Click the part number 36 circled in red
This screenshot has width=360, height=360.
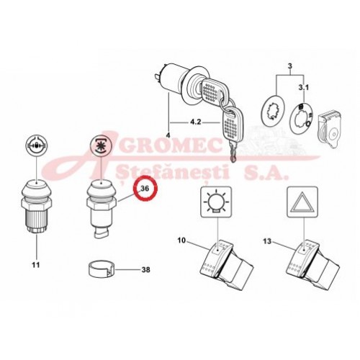coord(145,189)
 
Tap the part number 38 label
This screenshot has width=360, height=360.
coord(145,270)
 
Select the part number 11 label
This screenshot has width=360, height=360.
coord(35,265)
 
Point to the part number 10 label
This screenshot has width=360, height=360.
coord(181,240)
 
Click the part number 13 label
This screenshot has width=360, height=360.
coord(267,241)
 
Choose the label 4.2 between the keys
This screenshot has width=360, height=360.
coord(195,122)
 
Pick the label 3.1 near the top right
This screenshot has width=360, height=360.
coord(304,88)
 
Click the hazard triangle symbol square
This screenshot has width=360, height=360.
coord(302,202)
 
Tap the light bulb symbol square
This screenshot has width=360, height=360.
coord(216,202)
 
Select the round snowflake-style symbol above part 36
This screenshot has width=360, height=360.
coord(101,146)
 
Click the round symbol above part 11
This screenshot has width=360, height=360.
coord(37,146)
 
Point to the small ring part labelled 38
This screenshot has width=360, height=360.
coord(102,269)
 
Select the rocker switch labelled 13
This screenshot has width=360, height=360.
coord(312,262)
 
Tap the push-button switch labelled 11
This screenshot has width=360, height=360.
coord(37,206)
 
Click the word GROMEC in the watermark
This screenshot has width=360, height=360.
coord(172,145)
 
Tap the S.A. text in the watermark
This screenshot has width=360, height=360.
coord(266,173)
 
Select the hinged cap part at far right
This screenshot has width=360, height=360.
coord(328,128)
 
